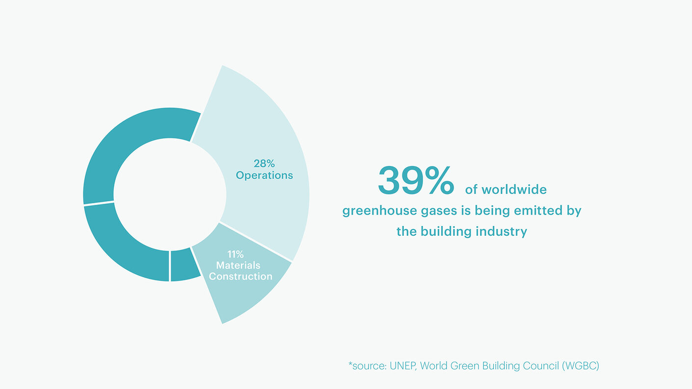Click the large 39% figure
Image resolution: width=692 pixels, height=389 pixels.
(x=416, y=181)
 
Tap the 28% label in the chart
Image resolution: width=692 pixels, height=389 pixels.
(x=264, y=164)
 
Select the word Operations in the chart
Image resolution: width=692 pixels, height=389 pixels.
(x=264, y=175)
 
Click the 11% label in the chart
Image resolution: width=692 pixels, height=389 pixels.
(x=236, y=254)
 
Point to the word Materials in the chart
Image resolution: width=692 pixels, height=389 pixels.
(x=238, y=265)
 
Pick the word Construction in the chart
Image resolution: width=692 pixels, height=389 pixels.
(x=240, y=277)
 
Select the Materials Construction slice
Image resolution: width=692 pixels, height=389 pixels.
(x=245, y=295)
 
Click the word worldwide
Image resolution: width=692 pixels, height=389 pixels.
(x=514, y=190)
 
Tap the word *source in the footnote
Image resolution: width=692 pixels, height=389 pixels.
(x=366, y=366)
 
